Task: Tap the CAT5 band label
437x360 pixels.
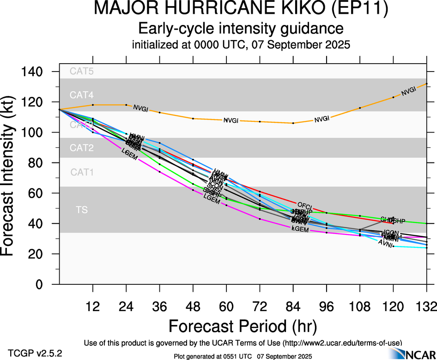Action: [81, 71]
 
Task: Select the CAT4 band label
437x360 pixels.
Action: [81, 95]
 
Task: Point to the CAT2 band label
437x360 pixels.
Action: [81, 148]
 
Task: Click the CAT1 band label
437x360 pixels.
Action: [81, 172]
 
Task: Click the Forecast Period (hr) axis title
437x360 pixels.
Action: [242, 326]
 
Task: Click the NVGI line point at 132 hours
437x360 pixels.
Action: [426, 84]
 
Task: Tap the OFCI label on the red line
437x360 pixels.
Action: [305, 204]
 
